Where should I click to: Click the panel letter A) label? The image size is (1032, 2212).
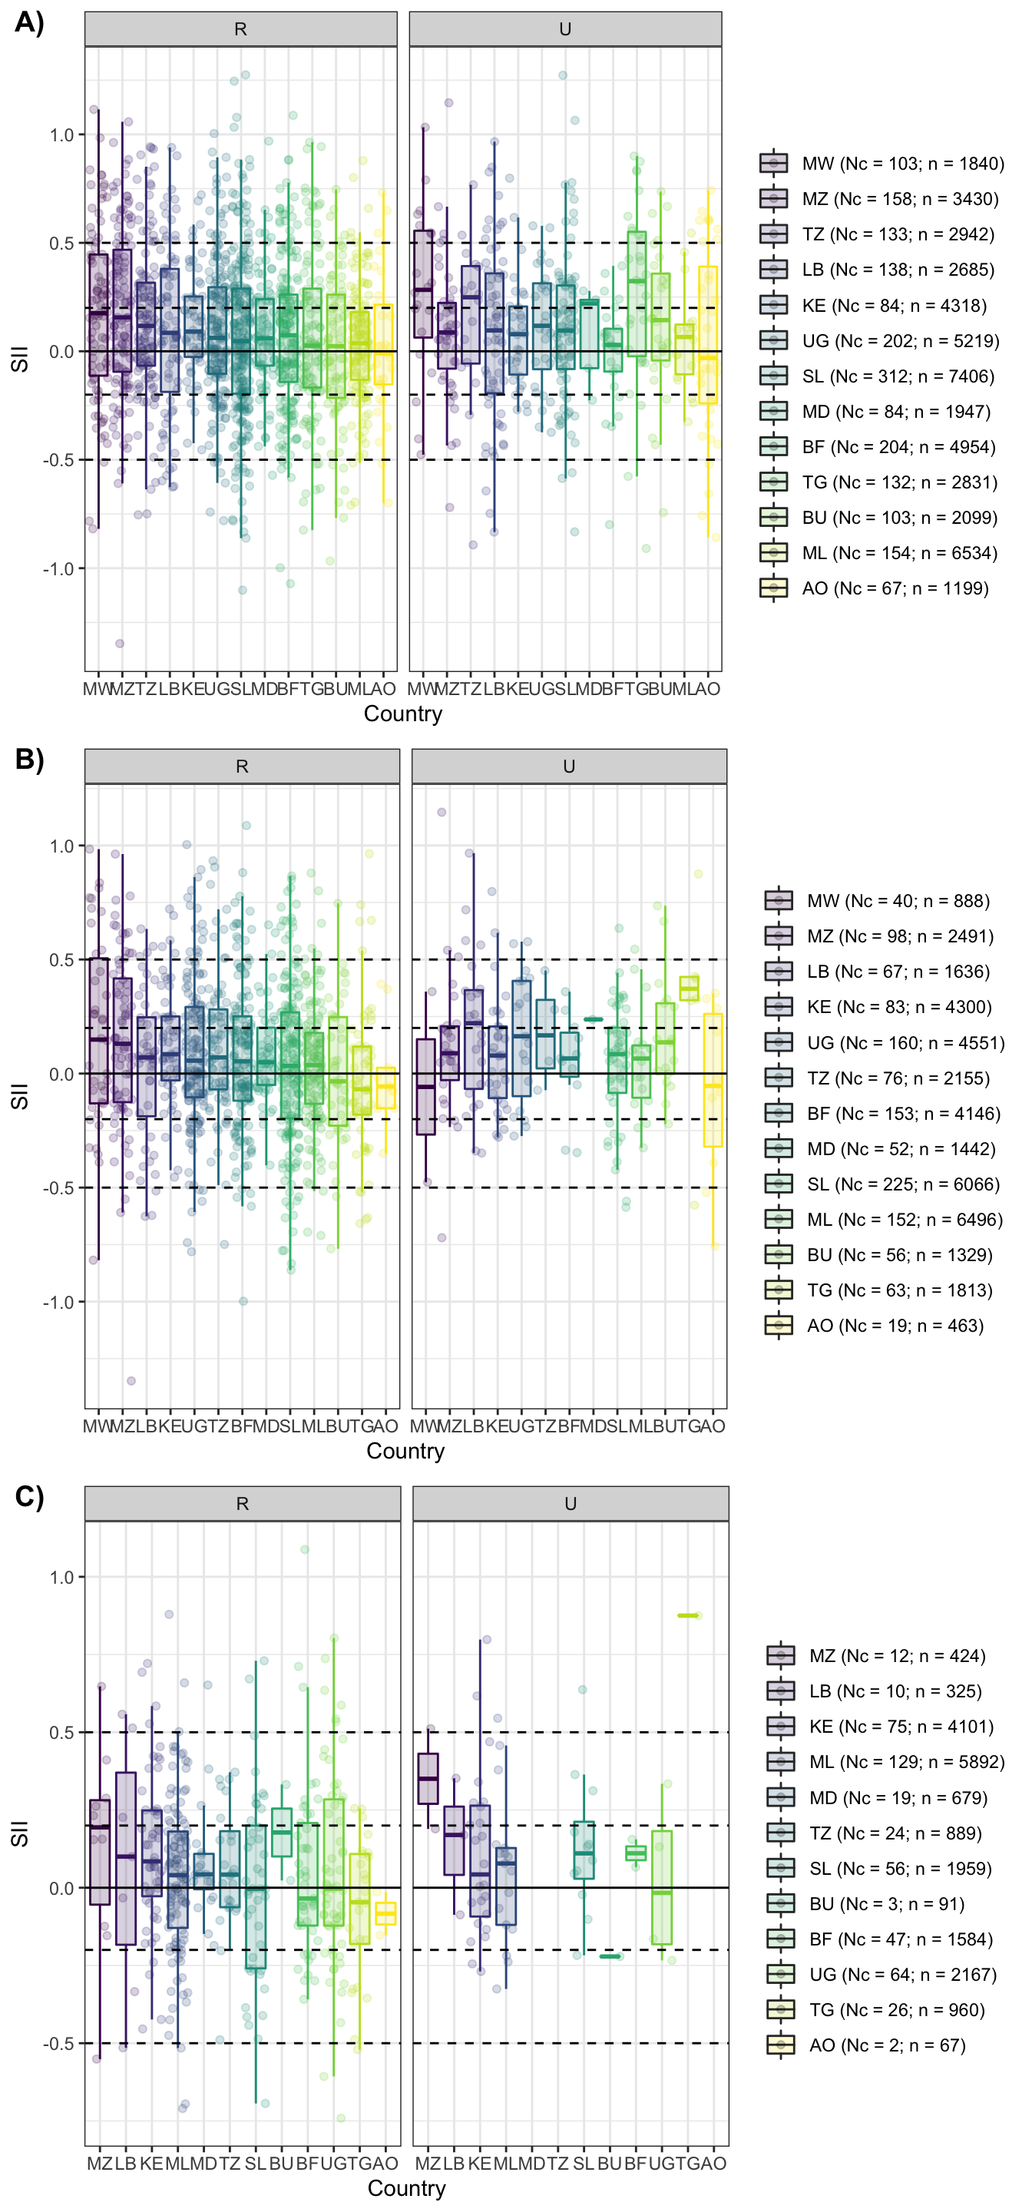click(29, 22)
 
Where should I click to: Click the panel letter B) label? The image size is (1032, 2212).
click(29, 759)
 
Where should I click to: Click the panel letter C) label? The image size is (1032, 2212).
click(29, 1496)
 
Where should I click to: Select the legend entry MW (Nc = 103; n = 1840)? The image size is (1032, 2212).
click(902, 163)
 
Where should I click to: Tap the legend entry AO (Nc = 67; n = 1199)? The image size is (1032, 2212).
click(895, 588)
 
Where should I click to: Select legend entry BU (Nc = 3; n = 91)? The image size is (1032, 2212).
click(886, 1904)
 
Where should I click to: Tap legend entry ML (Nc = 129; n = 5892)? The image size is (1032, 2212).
click(906, 1762)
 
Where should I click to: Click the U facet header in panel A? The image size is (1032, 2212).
click(565, 29)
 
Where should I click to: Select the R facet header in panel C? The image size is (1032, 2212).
click(242, 1504)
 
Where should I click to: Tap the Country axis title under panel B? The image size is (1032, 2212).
click(405, 1450)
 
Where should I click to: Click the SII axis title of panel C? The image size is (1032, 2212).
click(19, 1833)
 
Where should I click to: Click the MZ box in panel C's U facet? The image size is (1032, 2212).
click(428, 1778)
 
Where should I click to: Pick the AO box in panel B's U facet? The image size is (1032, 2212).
click(713, 1079)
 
